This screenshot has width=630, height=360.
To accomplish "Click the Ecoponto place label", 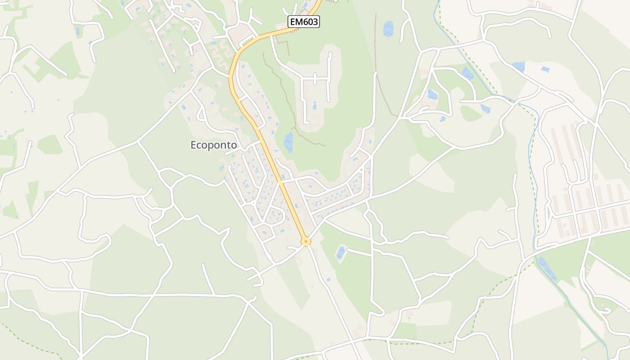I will click(x=214, y=145).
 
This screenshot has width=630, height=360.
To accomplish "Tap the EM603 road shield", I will click(x=304, y=22).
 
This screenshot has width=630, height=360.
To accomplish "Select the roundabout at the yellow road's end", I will click(x=306, y=242).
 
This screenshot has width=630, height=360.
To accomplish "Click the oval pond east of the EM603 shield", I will click(x=388, y=28).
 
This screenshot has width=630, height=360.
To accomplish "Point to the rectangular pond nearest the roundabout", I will click(x=341, y=252).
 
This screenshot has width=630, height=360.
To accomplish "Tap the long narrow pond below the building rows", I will click(x=546, y=268).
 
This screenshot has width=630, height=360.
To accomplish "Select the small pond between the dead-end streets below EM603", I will click(x=314, y=107).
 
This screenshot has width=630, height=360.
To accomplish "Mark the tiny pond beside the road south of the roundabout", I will click(x=328, y=279).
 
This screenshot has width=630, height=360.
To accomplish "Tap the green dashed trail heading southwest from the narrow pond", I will click(x=495, y=292).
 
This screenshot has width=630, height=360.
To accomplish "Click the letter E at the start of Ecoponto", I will click(x=193, y=145).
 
